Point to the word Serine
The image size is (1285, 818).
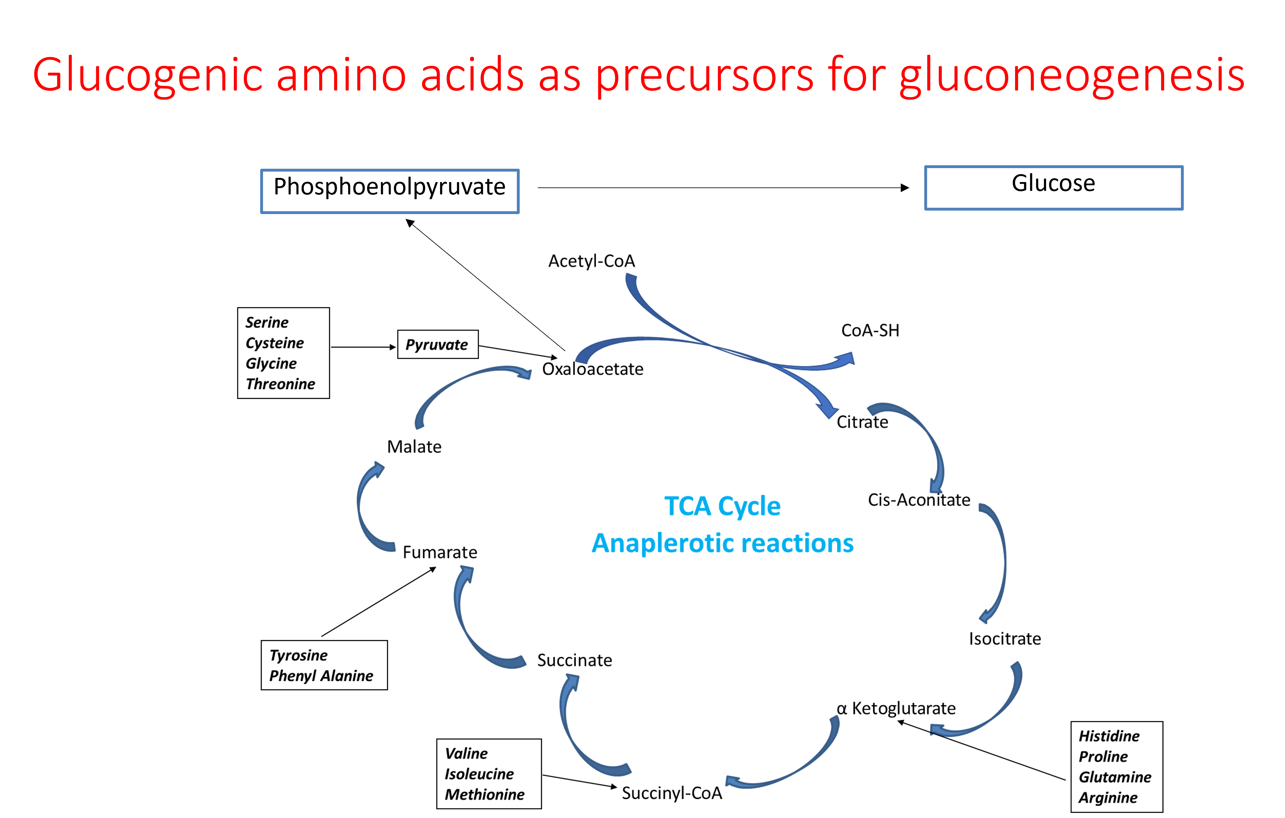click(267, 322)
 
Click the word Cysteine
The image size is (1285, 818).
click(274, 343)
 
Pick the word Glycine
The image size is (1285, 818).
click(271, 363)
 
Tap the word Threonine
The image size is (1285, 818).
click(280, 384)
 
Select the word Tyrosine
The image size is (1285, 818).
click(298, 655)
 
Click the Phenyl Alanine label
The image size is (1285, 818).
click(321, 676)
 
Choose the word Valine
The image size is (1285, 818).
click(466, 753)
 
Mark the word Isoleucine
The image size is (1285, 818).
click(479, 774)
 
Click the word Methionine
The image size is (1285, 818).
click(484, 795)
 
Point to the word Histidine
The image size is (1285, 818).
click(1109, 736)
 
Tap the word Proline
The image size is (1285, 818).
click(1103, 757)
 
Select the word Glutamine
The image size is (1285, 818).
click(1115, 777)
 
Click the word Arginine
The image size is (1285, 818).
click(1108, 798)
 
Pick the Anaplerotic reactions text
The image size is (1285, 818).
click(722, 543)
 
